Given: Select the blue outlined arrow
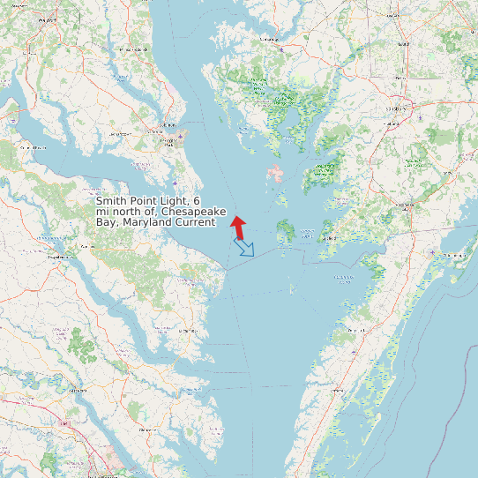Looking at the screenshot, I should pos(243,247).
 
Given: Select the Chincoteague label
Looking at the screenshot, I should pos(455,255).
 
